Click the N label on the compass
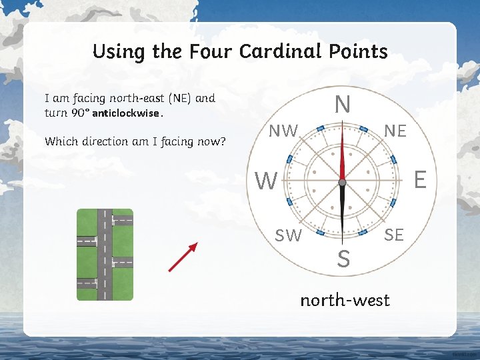pyautogui.click(x=342, y=105)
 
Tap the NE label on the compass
pyautogui.click(x=395, y=131)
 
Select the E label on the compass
pyautogui.click(x=420, y=179)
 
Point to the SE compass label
pyautogui.click(x=394, y=234)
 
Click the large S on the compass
pyautogui.click(x=343, y=259)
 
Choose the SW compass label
pyautogui.click(x=289, y=235)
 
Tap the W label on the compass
pyautogui.click(x=267, y=181)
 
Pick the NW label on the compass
pyautogui.click(x=283, y=131)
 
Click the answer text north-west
pyautogui.click(x=345, y=300)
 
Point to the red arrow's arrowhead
pyautogui.click(x=193, y=247)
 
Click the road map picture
pyautogui.click(x=105, y=255)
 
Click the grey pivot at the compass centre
pyautogui.click(x=342, y=182)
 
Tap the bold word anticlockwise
pyautogui.click(x=126, y=113)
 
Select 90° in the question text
pyautogui.click(x=79, y=113)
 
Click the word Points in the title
pyautogui.click(x=359, y=51)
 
